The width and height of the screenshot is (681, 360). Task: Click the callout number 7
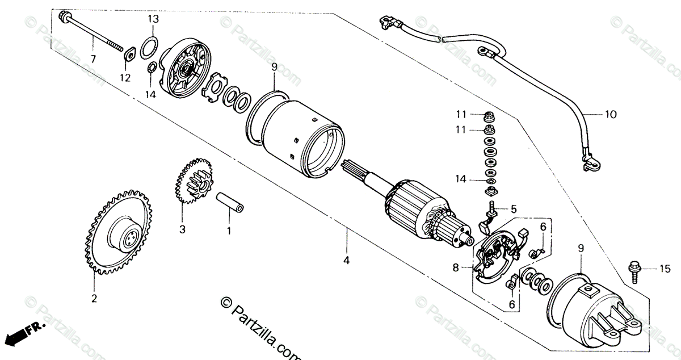93,59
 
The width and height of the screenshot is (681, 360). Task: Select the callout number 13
152,19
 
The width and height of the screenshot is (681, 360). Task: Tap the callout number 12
125,77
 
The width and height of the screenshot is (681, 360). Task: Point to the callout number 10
610,114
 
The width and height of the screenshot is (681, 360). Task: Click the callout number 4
347,261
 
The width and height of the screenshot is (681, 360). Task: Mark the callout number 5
514,209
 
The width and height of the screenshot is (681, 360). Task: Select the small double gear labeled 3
192,182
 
